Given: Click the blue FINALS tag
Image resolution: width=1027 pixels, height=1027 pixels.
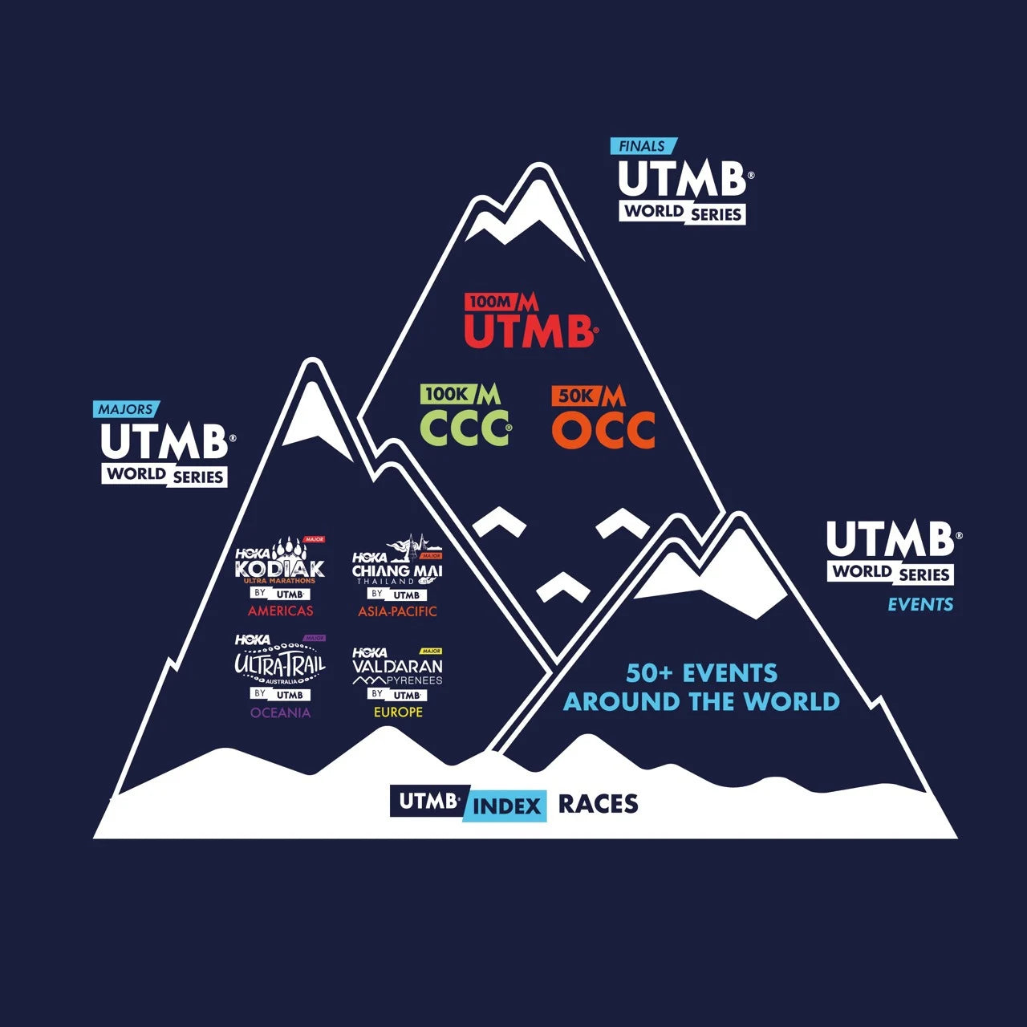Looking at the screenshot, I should click(x=643, y=146).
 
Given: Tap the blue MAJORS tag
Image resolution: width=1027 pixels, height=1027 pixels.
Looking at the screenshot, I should click(x=126, y=409).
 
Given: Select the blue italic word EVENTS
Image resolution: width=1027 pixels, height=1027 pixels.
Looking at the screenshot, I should click(x=920, y=605).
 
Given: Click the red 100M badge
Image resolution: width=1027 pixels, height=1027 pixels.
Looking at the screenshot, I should click(x=489, y=302).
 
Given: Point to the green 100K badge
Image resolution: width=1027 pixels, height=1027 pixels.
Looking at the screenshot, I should click(x=447, y=394).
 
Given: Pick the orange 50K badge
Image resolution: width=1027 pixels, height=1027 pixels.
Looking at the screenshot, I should click(x=576, y=396).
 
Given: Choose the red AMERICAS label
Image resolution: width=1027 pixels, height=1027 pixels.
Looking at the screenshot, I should click(x=280, y=611).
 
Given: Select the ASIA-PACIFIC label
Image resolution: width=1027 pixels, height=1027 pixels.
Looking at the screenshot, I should click(x=397, y=611).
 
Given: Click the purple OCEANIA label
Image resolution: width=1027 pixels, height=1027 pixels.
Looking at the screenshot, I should click(x=280, y=712).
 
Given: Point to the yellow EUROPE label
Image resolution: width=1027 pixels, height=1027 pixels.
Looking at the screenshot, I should click(x=398, y=712).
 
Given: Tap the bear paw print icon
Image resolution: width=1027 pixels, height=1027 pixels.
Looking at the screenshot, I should click(x=287, y=550).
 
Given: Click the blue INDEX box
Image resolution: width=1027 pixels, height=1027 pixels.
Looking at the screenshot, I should click(x=506, y=806).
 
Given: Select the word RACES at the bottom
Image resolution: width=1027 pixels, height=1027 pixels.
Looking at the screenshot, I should click(x=598, y=804).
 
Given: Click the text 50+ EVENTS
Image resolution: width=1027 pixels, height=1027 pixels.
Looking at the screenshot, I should click(x=701, y=672).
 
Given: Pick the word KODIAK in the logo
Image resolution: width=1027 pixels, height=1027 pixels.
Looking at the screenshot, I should click(x=280, y=569).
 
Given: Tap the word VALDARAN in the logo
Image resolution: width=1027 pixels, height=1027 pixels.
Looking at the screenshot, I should click(x=397, y=666).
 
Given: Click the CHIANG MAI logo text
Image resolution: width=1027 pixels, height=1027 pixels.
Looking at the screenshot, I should click(x=397, y=570).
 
